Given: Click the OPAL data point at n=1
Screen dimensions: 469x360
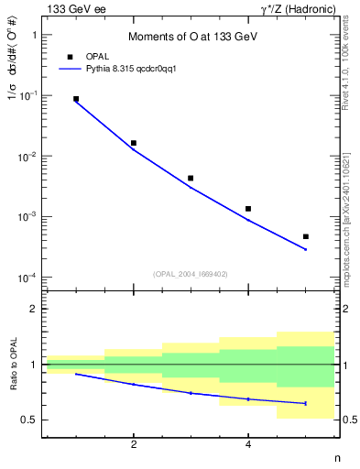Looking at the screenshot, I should (x=76, y=99).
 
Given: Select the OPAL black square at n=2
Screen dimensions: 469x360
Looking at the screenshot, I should (x=134, y=143).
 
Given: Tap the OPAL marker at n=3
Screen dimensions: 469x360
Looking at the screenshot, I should (x=191, y=178).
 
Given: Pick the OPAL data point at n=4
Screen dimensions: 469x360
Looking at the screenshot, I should (x=248, y=209).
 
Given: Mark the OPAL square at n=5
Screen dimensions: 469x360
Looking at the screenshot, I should (x=305, y=236).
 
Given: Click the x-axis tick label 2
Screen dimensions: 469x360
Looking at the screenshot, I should (x=134, y=446).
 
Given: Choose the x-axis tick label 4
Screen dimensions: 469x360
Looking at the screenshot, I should (x=248, y=446).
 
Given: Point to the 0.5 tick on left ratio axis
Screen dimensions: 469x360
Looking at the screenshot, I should (x=29, y=420).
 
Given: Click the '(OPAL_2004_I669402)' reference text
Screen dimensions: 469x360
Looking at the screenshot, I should (x=190, y=273).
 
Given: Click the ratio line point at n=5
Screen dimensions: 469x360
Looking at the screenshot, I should (x=305, y=403).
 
